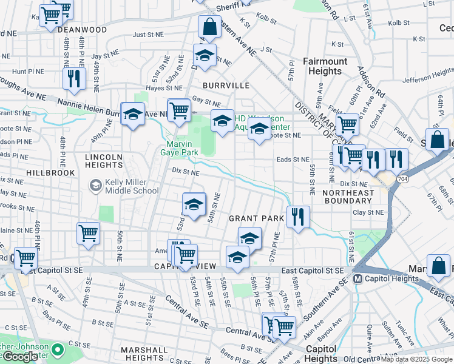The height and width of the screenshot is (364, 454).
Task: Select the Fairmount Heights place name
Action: click(x=325, y=66)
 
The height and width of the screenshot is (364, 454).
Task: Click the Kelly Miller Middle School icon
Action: click(x=95, y=184)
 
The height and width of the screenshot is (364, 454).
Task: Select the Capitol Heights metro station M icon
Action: click(x=358, y=279)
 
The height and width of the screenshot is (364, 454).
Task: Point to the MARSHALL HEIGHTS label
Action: click(x=144, y=354)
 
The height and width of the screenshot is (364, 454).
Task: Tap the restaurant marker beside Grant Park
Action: click(x=297, y=217)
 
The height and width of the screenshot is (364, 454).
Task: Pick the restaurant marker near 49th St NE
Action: click(x=74, y=79)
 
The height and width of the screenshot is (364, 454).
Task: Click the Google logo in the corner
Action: click(x=20, y=357)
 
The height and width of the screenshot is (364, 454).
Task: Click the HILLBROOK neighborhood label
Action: click(x=50, y=173)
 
